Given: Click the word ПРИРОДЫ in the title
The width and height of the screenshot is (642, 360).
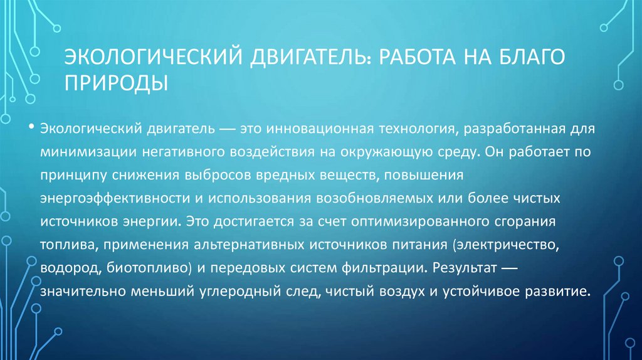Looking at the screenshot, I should [117, 82].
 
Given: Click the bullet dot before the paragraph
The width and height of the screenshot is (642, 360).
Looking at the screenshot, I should [31, 127].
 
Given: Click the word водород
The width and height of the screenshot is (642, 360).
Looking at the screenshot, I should [67, 268].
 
